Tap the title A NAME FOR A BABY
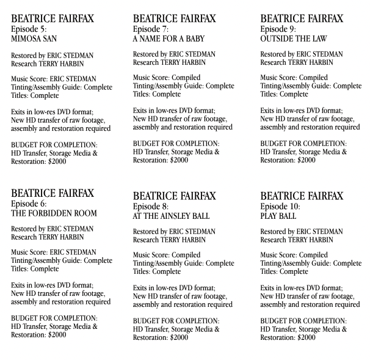(170, 38)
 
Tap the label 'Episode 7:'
(151, 29)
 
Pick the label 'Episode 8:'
(151, 207)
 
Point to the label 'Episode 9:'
(279, 29)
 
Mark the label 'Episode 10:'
(281, 207)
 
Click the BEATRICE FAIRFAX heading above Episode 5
(53, 18)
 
